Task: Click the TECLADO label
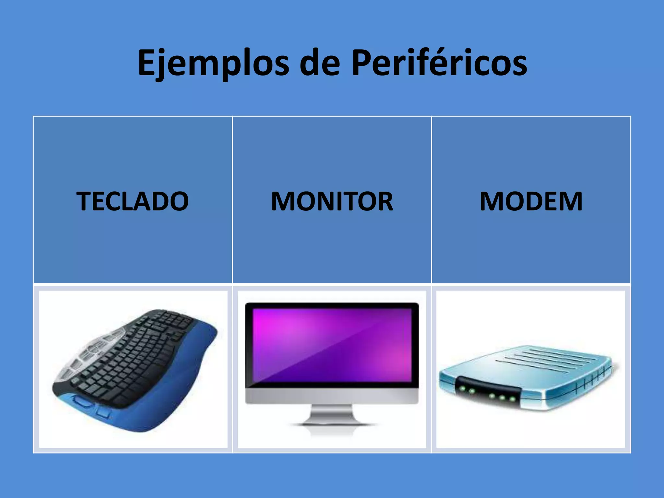(133, 201)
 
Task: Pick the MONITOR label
(332, 201)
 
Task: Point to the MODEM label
(531, 201)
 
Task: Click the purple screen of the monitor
(332, 345)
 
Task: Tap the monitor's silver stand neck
(332, 413)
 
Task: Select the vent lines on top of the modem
(548, 360)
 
